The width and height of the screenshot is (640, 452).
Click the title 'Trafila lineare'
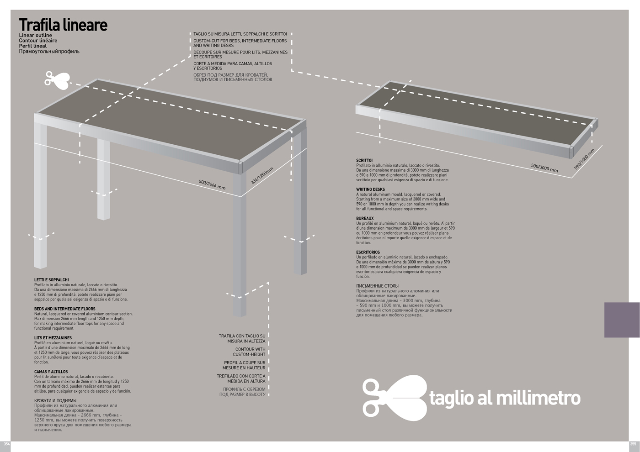(x=63, y=25)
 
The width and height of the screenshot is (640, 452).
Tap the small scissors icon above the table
(x=57, y=80)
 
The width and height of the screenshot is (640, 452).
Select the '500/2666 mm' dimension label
(x=212, y=184)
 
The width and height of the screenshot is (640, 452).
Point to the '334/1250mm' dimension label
(x=261, y=176)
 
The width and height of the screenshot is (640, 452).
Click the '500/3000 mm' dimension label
(x=544, y=168)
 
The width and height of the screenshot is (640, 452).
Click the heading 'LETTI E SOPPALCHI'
(x=52, y=280)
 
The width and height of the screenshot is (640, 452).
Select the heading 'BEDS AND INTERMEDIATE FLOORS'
(x=64, y=309)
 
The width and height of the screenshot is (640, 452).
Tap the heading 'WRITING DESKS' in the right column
(x=370, y=189)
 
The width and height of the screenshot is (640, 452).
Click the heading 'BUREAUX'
(x=365, y=219)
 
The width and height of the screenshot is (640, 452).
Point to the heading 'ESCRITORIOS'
(x=368, y=252)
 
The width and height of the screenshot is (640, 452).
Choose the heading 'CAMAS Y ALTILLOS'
(x=51, y=372)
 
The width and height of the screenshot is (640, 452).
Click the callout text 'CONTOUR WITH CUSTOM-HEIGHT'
(x=249, y=352)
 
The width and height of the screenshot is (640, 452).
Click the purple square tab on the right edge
(x=622, y=320)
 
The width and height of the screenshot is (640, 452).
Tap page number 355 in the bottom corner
(x=633, y=444)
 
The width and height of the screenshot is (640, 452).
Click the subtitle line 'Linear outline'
(x=36, y=36)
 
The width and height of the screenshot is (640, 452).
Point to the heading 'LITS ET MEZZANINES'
(x=53, y=338)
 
